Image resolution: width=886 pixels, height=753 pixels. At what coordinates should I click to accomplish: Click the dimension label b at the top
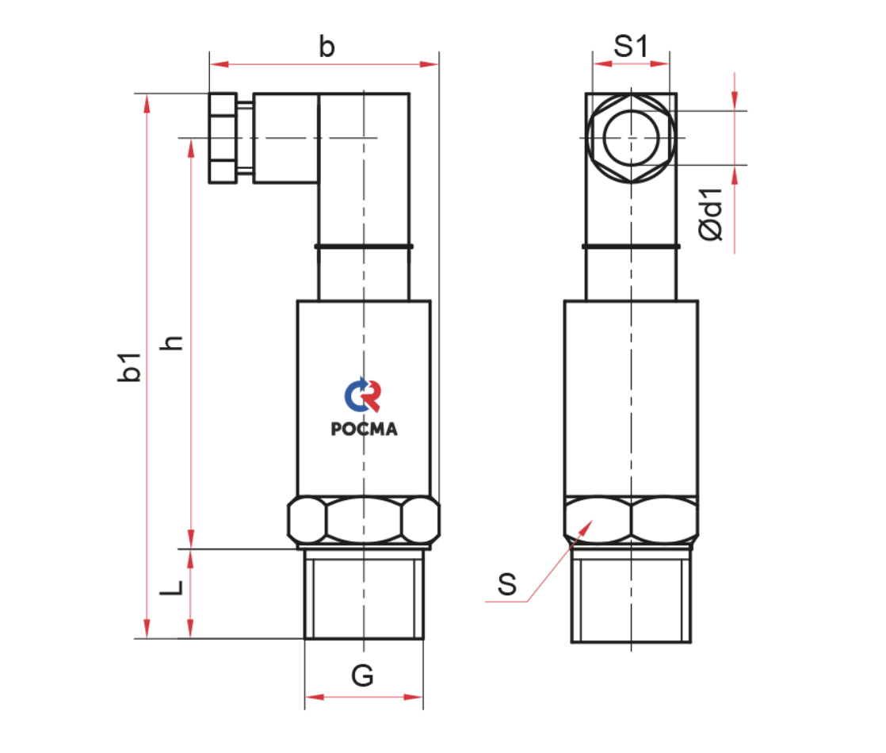pos(327,46)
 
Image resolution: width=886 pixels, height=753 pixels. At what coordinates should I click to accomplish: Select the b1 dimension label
pos(129,367)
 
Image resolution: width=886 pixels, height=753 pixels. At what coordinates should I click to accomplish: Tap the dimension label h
pos(172,342)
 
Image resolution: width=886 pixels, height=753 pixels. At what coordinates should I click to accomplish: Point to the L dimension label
pos(171,587)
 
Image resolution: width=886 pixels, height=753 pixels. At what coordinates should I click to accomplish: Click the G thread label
pos(362,675)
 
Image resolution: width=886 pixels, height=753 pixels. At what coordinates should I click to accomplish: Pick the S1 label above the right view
pos(631,46)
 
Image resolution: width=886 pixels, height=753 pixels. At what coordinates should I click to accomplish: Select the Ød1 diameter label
pos(710,215)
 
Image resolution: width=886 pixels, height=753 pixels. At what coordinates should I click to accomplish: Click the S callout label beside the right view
pos(507,584)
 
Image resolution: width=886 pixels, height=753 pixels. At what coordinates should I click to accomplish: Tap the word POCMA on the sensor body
pos(364,429)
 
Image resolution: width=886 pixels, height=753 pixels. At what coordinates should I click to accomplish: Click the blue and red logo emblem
pos(363,394)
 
